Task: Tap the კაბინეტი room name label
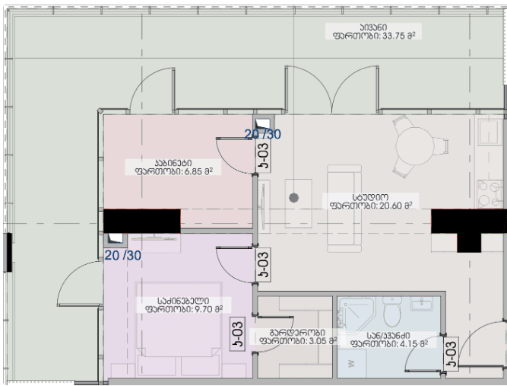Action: pyautogui.click(x=173, y=162)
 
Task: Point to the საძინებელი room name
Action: pyautogui.click(x=179, y=300)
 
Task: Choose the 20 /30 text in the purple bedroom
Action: pyautogui.click(x=122, y=254)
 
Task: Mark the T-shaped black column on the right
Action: pyautogui.click(x=464, y=228)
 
